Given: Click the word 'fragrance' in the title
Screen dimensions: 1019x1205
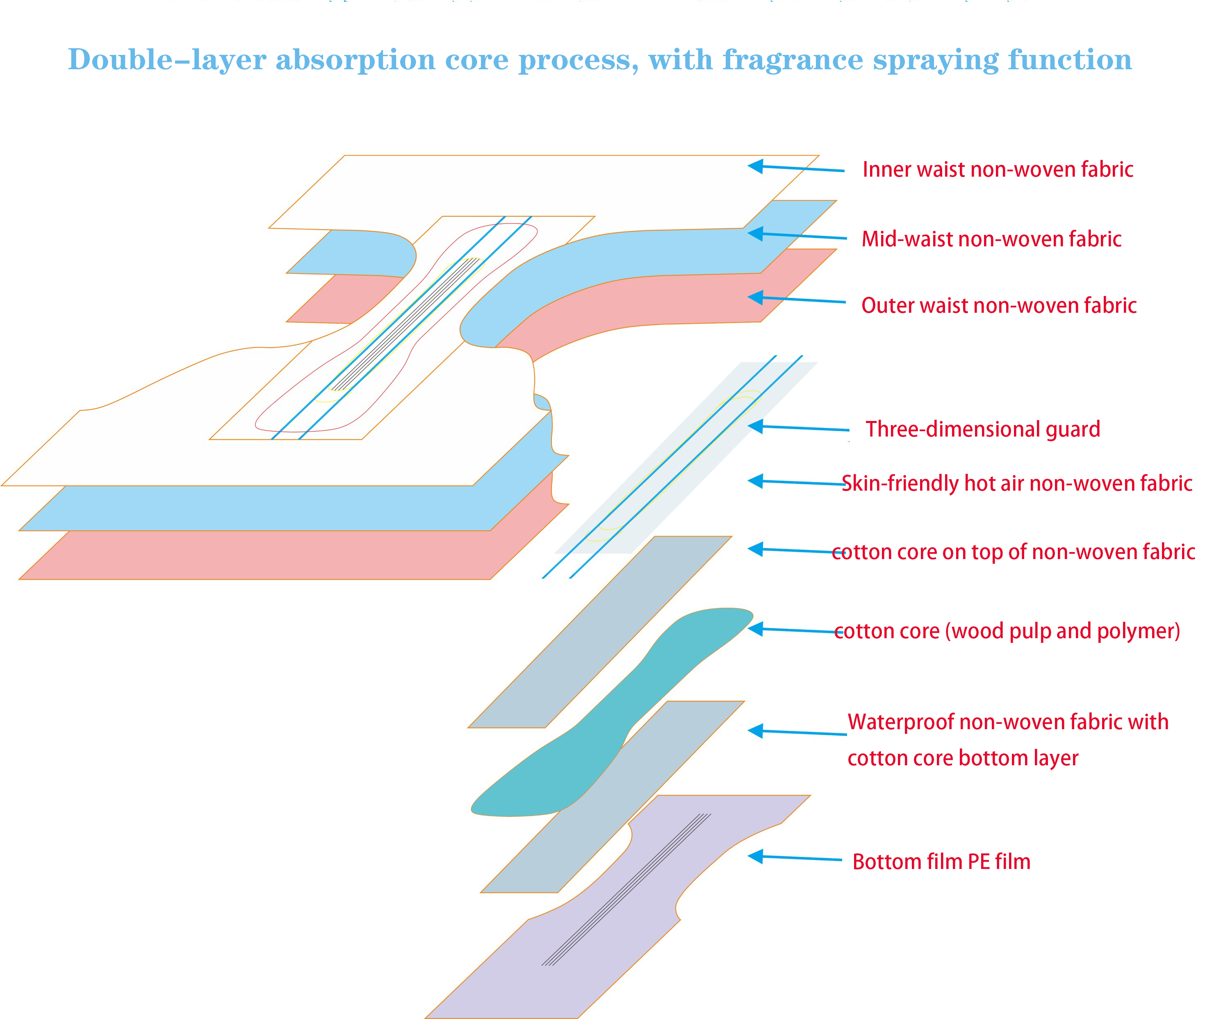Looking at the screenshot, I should (x=793, y=59).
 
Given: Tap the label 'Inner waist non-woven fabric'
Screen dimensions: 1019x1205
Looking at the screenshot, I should (x=997, y=169).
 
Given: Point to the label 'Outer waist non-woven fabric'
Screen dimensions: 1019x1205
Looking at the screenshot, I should (x=998, y=305).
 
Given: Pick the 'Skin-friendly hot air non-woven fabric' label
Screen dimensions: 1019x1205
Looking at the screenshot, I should (x=1017, y=483).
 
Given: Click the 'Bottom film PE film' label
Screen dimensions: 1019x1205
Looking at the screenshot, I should (x=941, y=861).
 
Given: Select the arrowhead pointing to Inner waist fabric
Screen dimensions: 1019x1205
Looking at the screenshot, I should (x=756, y=166).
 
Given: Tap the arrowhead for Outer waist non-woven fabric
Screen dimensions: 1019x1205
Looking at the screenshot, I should (x=756, y=298).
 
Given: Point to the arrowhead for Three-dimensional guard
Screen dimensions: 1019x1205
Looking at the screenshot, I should (x=756, y=426).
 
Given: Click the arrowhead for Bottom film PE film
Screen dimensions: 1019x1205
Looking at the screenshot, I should (x=756, y=856).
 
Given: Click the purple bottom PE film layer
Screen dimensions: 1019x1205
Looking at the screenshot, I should (x=578, y=947).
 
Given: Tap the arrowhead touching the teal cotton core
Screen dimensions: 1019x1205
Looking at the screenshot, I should (x=756, y=629).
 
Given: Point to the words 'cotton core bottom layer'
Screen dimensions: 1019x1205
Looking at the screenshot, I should (x=962, y=758).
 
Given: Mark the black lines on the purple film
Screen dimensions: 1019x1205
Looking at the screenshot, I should (x=627, y=889).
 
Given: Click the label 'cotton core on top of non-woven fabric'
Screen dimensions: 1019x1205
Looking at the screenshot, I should (x=1013, y=552).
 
